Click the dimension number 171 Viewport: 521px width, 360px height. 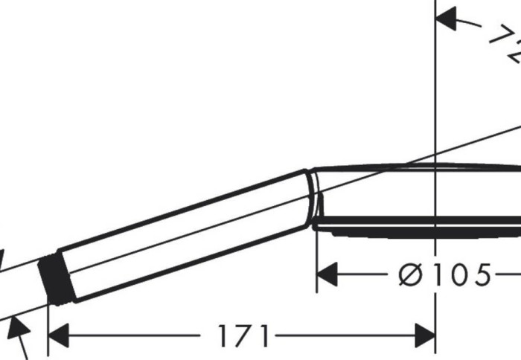243,337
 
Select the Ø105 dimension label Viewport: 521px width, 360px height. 444,276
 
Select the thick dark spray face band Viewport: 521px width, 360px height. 417,222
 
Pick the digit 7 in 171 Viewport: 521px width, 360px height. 243,337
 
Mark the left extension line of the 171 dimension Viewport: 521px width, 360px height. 48,327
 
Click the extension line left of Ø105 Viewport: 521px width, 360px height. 317,260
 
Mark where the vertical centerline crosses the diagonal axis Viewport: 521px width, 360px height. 435,155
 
